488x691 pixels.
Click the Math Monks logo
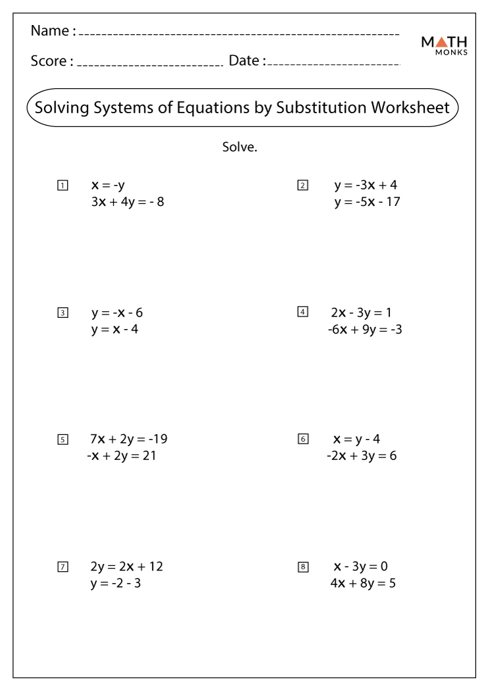[x=444, y=45]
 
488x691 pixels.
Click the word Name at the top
[x=50, y=31]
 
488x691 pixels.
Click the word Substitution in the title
[x=321, y=107]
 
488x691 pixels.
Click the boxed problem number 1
[x=62, y=186]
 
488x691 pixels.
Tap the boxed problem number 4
[x=303, y=312]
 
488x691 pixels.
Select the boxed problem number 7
[x=62, y=567]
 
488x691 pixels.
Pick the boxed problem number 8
[x=303, y=567]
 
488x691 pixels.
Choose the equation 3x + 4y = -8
[x=128, y=202]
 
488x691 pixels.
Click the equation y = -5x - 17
[x=367, y=202]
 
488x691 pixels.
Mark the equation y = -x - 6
[x=117, y=313]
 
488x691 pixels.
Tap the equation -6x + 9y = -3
[x=364, y=329]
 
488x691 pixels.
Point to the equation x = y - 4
[x=362, y=439]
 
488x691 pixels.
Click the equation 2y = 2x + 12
[x=126, y=567]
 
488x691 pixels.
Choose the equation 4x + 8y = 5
[x=363, y=583]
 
